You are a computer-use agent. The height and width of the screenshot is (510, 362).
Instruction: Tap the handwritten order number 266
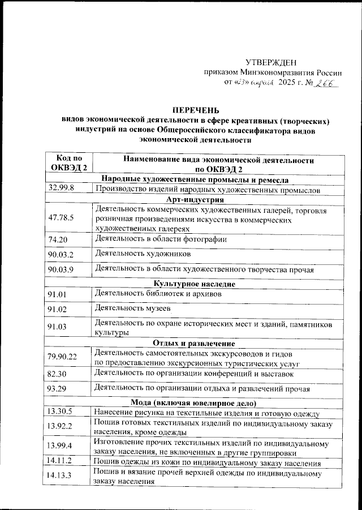pyautogui.click(x=323, y=83)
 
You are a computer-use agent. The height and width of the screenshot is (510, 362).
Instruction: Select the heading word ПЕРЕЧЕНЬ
pyautogui.click(x=196, y=110)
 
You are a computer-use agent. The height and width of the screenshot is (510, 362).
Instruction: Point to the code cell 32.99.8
pyautogui.click(x=62, y=188)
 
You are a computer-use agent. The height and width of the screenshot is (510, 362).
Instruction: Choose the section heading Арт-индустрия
pyautogui.click(x=196, y=199)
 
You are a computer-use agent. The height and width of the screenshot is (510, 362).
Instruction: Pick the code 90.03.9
pyautogui.click(x=62, y=269)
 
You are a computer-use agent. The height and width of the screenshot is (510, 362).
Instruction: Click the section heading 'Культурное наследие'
pyautogui.click(x=196, y=284)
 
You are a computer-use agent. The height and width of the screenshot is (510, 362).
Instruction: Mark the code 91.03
pyautogui.click(x=58, y=327)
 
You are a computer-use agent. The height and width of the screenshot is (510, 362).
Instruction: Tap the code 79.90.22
pyautogui.click(x=63, y=357)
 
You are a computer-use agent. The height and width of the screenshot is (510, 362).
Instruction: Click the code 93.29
pyautogui.click(x=58, y=390)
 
